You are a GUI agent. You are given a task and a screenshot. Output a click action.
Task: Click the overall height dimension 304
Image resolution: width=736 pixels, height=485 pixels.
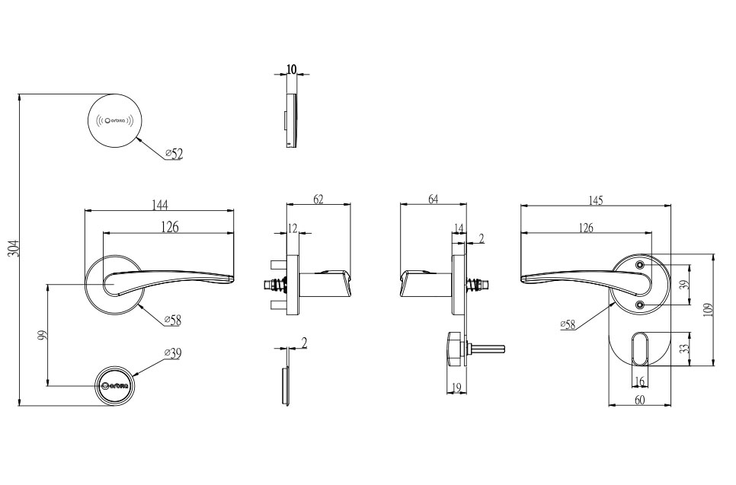pos(14,248)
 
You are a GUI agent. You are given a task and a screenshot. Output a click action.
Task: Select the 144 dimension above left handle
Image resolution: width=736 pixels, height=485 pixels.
pos(159,204)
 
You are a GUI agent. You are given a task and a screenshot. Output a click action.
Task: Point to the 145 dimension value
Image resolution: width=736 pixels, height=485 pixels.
pos(596,200)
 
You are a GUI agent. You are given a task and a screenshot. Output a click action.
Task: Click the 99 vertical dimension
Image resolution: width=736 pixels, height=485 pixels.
pos(43,335)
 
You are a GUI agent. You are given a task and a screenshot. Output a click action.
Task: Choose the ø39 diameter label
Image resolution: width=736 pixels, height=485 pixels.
pos(174,353)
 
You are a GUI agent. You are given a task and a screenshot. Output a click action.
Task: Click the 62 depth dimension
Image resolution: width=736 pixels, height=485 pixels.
pos(318,199)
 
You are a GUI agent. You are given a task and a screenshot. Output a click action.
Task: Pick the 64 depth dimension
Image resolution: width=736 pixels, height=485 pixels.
pos(433,199)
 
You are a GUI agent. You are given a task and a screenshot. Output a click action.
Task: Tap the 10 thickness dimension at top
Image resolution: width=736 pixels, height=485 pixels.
pos(292,69)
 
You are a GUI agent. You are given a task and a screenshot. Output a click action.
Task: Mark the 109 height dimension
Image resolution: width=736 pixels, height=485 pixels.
pos(708,309)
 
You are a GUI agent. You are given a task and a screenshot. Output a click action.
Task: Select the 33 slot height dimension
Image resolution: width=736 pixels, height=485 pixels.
pos(684,349)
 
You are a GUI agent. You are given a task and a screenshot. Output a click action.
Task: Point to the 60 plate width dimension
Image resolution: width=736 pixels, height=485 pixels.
pos(640,400)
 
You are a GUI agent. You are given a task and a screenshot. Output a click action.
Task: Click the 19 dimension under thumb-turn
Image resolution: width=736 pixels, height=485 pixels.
pos(456,388)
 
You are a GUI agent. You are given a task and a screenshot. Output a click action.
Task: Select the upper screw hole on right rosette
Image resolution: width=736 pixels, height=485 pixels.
pos(640,264)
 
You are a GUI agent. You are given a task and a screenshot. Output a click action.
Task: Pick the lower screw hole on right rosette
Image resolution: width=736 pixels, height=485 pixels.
pos(640,305)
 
